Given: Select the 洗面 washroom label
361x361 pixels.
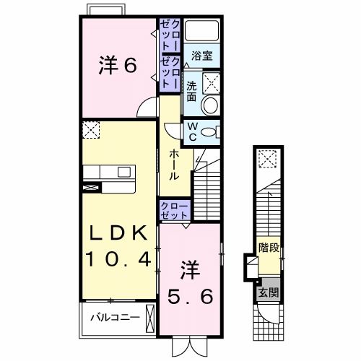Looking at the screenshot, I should point(191,91).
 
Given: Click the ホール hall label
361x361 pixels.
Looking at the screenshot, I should point(174,165).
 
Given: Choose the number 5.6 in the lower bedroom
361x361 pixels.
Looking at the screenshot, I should point(190,294).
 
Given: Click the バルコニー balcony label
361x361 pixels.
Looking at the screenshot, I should point(109,316).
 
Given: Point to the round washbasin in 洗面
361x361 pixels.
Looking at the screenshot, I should point(209,105).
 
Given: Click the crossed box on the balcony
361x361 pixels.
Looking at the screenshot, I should point(149,316).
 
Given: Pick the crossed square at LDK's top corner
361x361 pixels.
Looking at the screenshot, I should point(90,130).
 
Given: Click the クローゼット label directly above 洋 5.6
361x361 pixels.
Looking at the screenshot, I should point(174,211).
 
